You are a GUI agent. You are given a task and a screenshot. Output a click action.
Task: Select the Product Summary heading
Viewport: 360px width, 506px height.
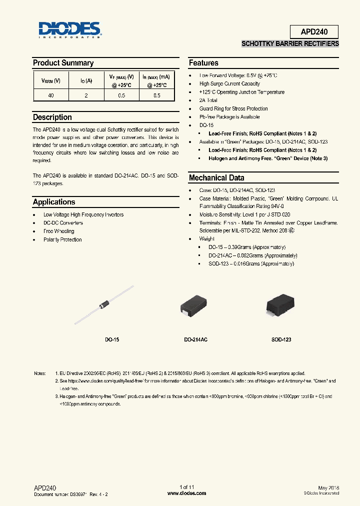63,63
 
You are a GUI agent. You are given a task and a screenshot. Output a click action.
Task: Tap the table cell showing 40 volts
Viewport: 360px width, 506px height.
51,95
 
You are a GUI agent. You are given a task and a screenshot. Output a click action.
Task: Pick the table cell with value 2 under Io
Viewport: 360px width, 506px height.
86,95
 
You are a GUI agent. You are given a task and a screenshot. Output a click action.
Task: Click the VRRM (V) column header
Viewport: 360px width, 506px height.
51,80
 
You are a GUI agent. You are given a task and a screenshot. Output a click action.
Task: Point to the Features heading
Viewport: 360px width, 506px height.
203,63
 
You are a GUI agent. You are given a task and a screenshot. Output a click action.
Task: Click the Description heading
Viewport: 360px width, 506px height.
52,117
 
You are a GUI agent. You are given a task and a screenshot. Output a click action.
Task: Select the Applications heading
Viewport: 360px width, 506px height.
54,202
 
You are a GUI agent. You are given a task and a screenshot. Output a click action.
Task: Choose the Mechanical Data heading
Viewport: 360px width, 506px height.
216,178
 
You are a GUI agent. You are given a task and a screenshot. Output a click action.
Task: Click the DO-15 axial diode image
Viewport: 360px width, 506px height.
104,304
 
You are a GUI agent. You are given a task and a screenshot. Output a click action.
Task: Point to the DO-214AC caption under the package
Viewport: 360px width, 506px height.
195,339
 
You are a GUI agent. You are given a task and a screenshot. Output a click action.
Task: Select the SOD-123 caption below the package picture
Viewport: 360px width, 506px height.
281,339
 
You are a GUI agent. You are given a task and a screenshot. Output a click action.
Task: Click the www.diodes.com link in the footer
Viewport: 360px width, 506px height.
186,493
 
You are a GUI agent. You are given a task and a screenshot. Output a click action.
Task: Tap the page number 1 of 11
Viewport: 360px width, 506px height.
186,487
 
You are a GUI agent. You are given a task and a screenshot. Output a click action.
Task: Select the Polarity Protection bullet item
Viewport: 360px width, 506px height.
62,240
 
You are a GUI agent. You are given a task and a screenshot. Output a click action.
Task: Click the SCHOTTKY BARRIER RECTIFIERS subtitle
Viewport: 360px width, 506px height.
290,44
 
